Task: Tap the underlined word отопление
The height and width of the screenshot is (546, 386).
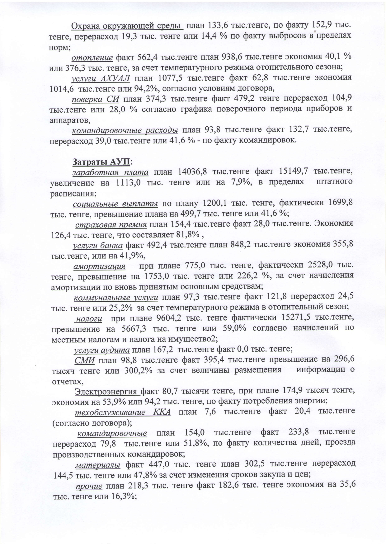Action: click(x=92, y=57)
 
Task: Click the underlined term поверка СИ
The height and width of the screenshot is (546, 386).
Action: click(x=96, y=99)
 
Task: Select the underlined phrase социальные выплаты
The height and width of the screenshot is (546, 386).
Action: click(x=115, y=204)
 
